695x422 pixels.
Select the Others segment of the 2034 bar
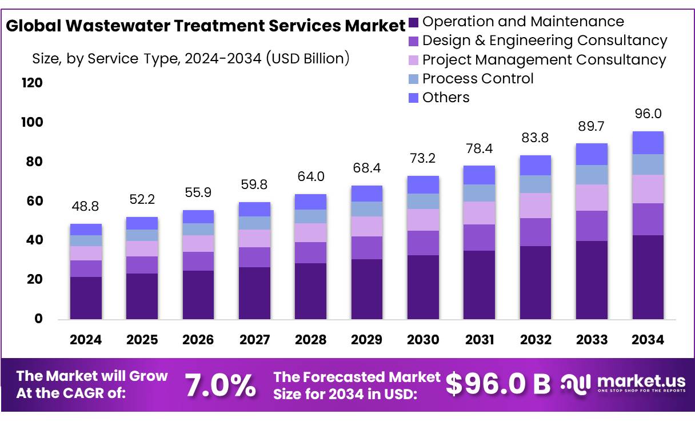pos(648,143)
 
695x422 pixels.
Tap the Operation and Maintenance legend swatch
pos(414,22)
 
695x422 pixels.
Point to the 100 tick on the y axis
pos(31,122)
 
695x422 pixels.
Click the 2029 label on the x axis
pos(367,340)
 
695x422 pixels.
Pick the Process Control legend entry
pos(477,79)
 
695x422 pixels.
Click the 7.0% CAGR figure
pos(221,385)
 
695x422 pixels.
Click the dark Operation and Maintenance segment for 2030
pos(423,287)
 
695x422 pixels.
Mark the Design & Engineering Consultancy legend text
pos(544,41)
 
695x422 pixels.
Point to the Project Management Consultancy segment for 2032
pos(536,206)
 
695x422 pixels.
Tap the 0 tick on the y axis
pos(38,319)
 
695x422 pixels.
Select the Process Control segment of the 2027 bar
pos(254,223)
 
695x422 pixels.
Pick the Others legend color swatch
pos(414,98)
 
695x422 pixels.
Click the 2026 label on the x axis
pos(198,340)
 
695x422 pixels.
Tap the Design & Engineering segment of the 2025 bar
pos(142,265)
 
